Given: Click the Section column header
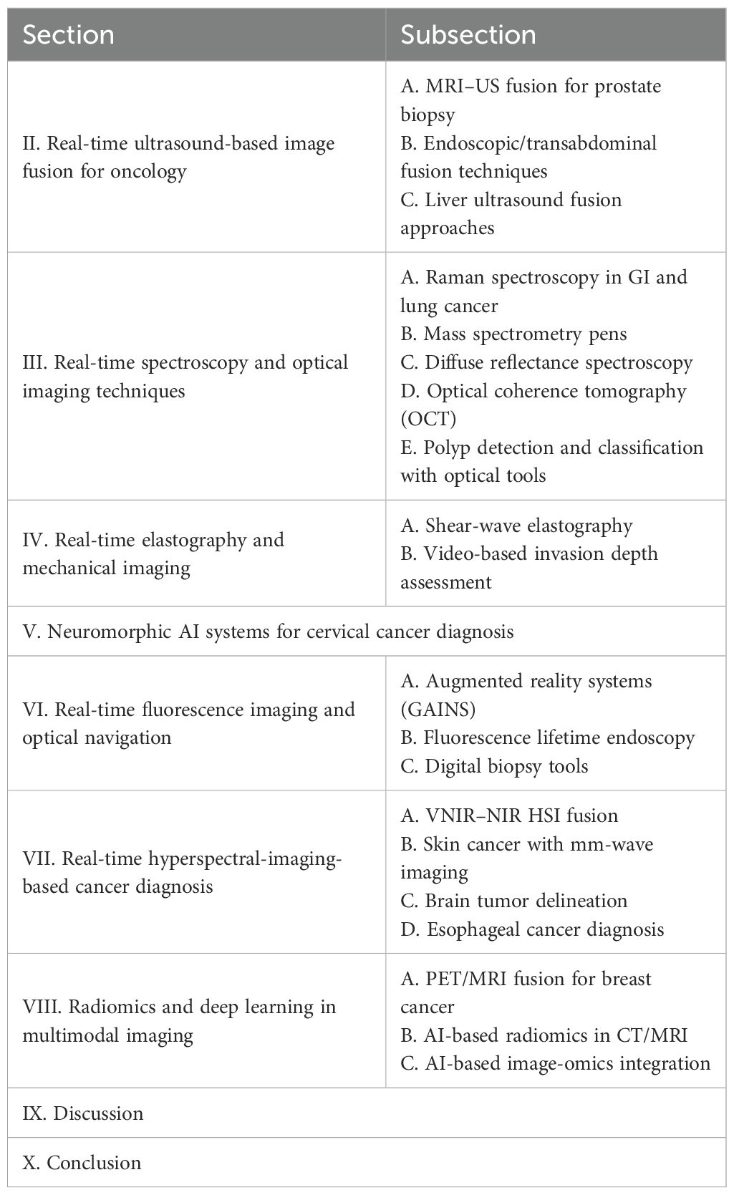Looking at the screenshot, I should pos(68,35).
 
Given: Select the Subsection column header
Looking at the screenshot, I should pos(468,35).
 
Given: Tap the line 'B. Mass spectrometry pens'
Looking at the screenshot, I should pos(513,334).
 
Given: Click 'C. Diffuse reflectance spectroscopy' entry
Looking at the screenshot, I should pos(546,362).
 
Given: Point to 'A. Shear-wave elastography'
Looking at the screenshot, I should pos(516,526).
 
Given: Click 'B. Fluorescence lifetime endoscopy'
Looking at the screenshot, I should pos(547,737).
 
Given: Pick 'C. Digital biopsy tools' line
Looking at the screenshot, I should pos(494,766).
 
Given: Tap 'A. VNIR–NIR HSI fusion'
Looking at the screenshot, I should pos(508,816).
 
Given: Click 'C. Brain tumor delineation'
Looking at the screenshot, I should pos(513,901).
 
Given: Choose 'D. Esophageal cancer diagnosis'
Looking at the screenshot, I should pos(532,929).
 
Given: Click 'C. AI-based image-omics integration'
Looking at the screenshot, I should pos(555,1063).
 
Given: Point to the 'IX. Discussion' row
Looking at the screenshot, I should pos(83,1113).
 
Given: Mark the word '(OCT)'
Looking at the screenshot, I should pos(428,418).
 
